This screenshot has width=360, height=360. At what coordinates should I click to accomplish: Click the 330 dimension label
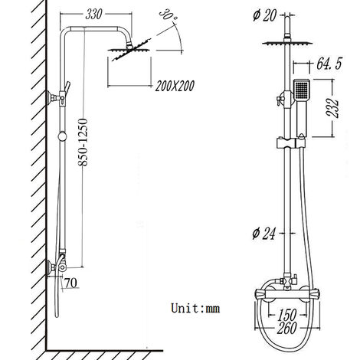click(x=94, y=13)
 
